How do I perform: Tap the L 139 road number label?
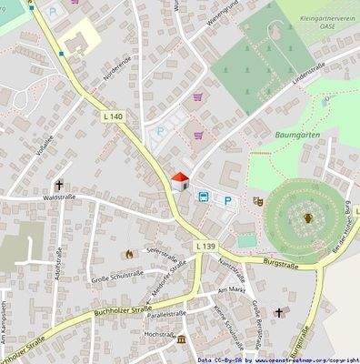click(205, 247)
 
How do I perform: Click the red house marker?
click(180, 178)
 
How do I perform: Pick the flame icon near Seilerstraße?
click(126, 253)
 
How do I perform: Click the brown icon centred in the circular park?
click(307, 217)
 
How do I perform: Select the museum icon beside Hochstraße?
click(180, 339)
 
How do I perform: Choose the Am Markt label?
click(233, 289)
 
